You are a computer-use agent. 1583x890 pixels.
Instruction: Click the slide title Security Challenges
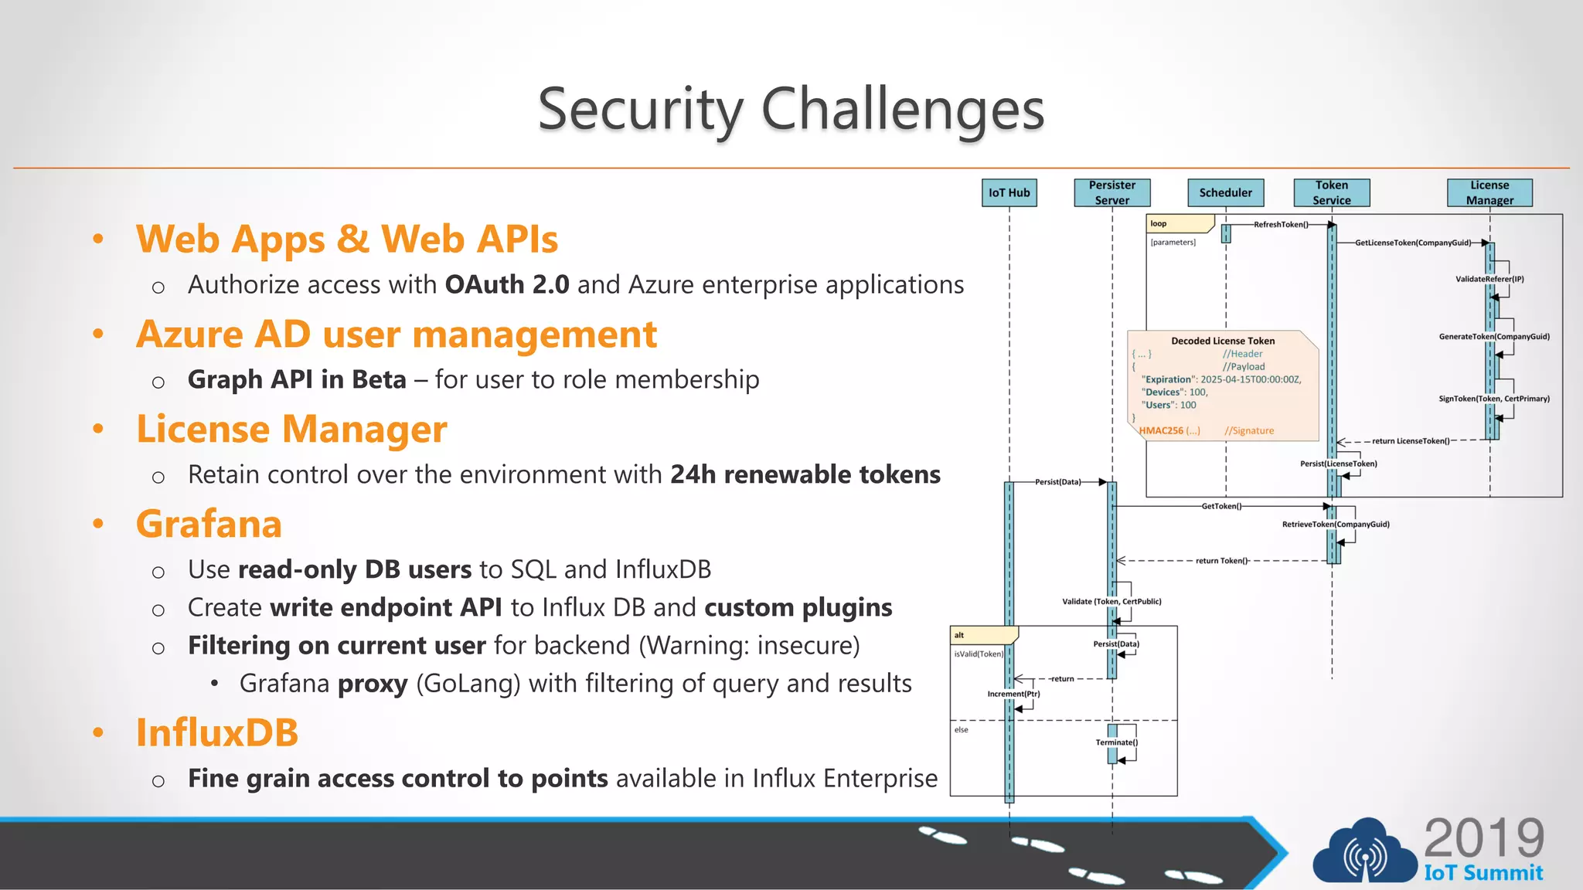(x=791, y=109)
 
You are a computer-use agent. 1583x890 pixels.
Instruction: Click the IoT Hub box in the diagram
(x=1009, y=192)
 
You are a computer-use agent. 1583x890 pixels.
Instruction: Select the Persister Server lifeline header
(x=1112, y=192)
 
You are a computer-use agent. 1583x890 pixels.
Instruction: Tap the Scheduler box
(x=1225, y=192)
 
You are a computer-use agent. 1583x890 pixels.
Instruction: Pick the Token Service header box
(x=1331, y=192)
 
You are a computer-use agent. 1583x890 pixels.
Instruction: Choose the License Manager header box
(x=1489, y=192)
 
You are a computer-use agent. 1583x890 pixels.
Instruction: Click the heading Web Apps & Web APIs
(x=347, y=239)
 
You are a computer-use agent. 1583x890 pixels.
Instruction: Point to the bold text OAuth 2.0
(x=507, y=284)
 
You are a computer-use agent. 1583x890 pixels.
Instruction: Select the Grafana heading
(x=209, y=524)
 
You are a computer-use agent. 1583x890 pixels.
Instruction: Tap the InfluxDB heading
(x=217, y=732)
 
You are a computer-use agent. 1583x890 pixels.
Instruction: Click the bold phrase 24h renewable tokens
(x=805, y=474)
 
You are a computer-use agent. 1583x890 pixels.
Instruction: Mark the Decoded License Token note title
(x=1222, y=341)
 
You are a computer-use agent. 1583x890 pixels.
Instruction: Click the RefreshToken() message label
(x=1280, y=225)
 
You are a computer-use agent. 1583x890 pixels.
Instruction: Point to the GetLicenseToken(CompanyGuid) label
(x=1412, y=243)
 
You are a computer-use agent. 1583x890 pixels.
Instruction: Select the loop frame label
(x=1159, y=224)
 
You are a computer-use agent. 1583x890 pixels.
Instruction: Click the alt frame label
(x=959, y=635)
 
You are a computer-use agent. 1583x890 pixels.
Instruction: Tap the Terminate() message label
(x=1116, y=742)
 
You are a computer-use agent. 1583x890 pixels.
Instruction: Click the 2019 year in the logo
(x=1483, y=838)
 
